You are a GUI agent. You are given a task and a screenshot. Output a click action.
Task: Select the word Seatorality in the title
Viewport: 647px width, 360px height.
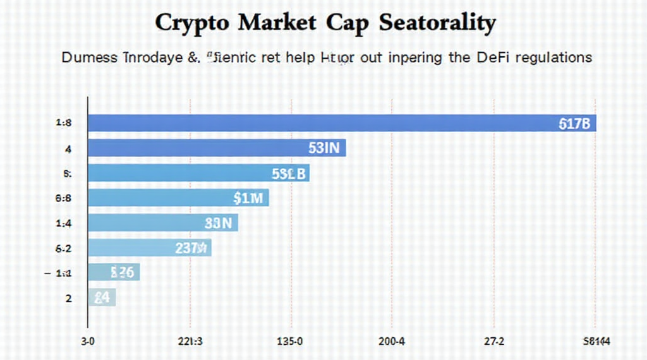pos(437,23)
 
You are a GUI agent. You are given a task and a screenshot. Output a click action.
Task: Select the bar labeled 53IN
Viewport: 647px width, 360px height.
pos(217,148)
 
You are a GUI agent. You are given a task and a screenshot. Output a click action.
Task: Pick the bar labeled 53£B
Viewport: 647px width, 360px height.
pos(198,173)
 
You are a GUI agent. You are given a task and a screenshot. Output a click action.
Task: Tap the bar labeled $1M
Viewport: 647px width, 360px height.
pos(178,198)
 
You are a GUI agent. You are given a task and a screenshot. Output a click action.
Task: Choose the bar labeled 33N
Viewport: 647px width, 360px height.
pos(162,222)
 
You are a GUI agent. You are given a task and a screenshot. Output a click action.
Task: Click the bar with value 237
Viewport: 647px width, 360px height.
pos(149,248)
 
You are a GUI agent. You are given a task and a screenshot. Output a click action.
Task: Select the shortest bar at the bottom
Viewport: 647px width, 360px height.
pos(102,297)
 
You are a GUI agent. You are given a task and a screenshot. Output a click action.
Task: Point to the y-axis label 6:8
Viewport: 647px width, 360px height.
pos(64,198)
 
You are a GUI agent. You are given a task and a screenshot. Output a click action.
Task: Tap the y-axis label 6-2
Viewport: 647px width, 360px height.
pos(64,248)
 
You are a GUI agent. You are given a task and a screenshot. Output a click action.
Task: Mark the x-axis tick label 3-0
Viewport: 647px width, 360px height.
pos(87,342)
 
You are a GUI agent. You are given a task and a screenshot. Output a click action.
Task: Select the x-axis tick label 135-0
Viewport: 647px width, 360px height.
pos(290,342)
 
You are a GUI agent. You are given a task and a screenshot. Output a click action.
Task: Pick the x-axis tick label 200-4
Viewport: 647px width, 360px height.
pos(392,342)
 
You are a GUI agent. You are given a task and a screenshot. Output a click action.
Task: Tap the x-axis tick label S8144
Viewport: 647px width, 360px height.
pos(596,342)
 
